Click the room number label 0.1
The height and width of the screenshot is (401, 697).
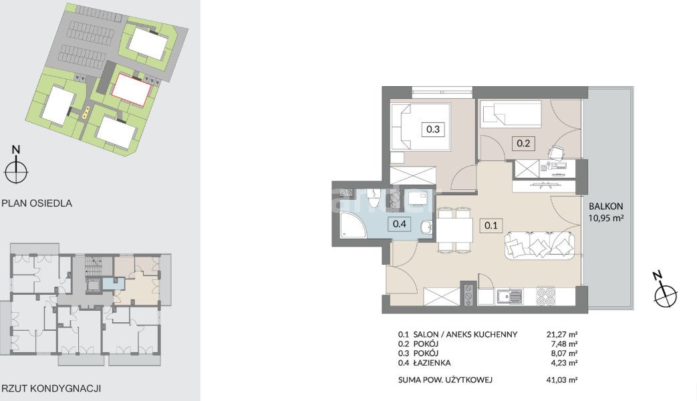tap(491, 225)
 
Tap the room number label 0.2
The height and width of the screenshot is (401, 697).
tap(523, 143)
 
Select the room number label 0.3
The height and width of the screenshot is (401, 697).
tap(432, 130)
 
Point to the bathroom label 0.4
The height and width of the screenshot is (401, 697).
tap(399, 224)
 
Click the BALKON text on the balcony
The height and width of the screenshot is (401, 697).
tap(606, 207)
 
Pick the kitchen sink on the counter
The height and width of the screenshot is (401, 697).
tap(509, 297)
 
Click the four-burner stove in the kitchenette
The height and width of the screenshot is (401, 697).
tap(547, 297)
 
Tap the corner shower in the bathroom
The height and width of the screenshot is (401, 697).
tap(352, 225)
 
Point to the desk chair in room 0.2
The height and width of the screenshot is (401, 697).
tap(556, 152)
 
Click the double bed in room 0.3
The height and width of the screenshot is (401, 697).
tap(420, 127)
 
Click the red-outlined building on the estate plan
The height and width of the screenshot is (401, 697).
tap(131, 90)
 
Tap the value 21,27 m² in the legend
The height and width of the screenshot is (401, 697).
tap(562, 334)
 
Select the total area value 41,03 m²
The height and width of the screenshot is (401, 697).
tap(562, 380)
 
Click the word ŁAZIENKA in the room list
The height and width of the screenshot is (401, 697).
tap(432, 363)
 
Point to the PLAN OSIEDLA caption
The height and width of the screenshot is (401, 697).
tap(37, 203)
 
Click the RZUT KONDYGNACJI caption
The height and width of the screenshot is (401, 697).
tap(51, 388)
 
